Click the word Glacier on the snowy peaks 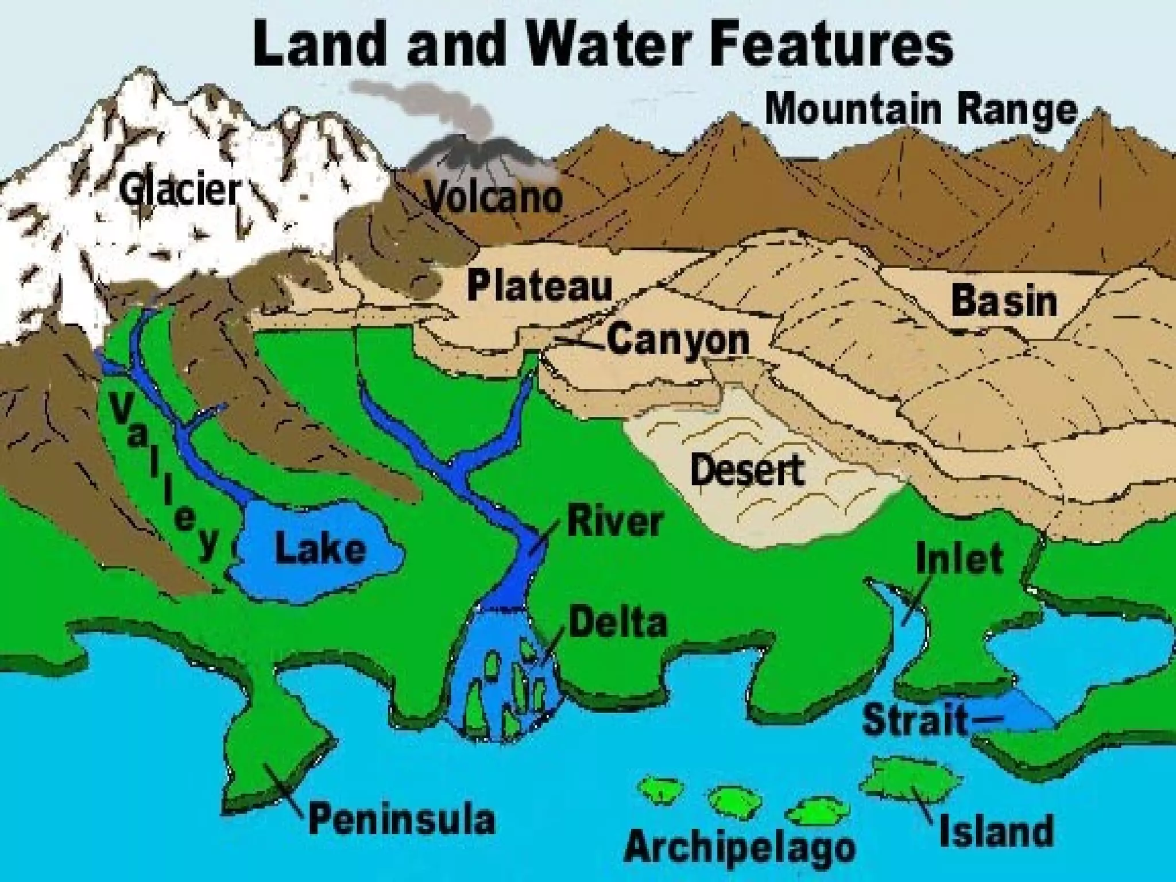(179, 191)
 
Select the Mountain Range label (921, 111)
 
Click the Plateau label (540, 285)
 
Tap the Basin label (1004, 301)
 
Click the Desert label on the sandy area (747, 469)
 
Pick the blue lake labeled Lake (319, 548)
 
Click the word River (615, 522)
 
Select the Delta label (618, 622)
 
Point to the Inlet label (960, 559)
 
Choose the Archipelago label (740, 846)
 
